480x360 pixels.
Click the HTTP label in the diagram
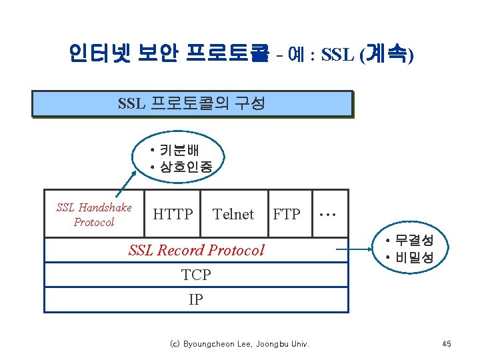tap(173, 214)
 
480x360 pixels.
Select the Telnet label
tap(233, 214)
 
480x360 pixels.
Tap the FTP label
tap(287, 214)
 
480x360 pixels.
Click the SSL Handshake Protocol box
tap(94, 215)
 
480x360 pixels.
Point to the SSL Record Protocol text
tap(196, 250)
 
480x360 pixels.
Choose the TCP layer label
tap(196, 274)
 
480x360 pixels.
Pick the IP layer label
tap(196, 299)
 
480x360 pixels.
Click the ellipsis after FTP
tap(327, 214)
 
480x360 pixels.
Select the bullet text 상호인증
tap(185, 167)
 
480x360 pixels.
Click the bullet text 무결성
tap(414, 241)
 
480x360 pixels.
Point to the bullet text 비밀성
tap(414, 257)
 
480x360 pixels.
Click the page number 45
tap(447, 344)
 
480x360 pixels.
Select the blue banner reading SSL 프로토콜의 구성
tap(191, 104)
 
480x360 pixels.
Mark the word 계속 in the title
tap(385, 53)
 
